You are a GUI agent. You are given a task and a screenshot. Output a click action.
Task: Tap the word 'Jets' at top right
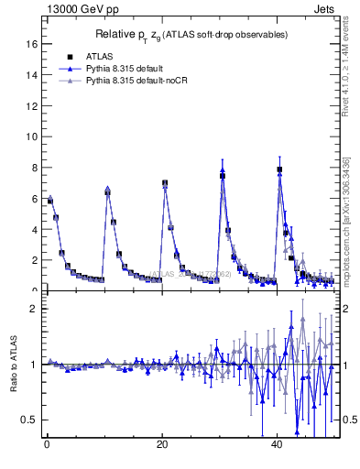coord(323,10)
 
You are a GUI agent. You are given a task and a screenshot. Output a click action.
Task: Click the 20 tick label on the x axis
coord(161,444)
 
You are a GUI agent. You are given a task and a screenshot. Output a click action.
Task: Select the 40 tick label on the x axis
coord(277,444)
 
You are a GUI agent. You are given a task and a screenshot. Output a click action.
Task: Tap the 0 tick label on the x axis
coord(46,444)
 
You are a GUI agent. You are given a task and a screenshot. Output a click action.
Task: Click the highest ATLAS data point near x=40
coord(279,169)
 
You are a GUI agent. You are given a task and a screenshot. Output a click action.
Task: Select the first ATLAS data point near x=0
coord(50,201)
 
